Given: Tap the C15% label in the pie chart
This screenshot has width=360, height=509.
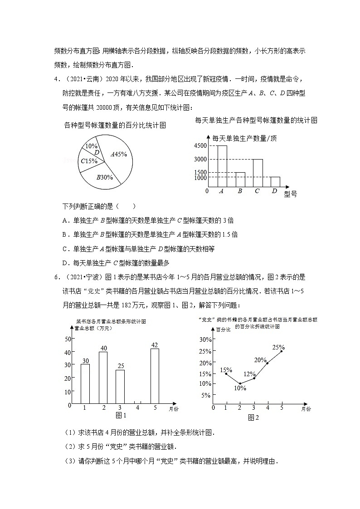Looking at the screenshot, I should pyautogui.click(x=89, y=161).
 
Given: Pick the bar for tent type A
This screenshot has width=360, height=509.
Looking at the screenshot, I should pyautogui.click(x=222, y=166).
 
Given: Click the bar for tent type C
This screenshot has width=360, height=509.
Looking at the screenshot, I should pyautogui.click(x=258, y=173).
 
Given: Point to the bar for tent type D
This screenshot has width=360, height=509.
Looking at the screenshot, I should pyautogui.click(x=275, y=182).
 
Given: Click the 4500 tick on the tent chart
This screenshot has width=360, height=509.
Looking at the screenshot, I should pyautogui.click(x=200, y=145).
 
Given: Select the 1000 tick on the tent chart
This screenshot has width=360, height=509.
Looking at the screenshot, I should pyautogui.click(x=200, y=178).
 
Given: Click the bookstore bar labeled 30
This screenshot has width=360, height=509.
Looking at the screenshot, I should pyautogui.click(x=85, y=384).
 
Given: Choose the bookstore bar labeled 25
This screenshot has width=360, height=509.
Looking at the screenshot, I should pyautogui.click(x=120, y=387).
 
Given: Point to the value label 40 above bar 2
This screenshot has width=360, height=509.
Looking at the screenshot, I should pyautogui.click(x=103, y=348).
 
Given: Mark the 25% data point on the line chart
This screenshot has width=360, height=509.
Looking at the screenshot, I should pyautogui.click(x=282, y=351).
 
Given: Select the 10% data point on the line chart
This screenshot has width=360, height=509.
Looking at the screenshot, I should pyautogui.click(x=240, y=383).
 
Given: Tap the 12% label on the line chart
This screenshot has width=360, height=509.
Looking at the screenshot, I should pyautogui.click(x=249, y=374).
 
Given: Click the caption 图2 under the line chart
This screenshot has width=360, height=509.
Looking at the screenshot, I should pyautogui.click(x=253, y=417).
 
